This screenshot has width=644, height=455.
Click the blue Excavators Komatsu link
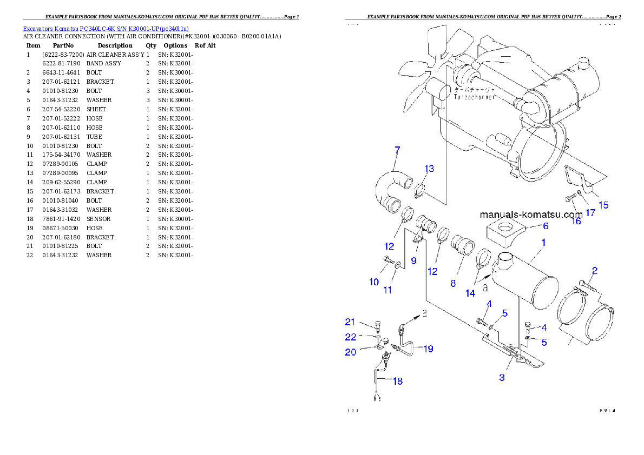click(106, 29)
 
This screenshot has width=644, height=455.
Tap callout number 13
click(429, 169)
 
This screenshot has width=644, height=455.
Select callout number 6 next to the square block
click(546, 226)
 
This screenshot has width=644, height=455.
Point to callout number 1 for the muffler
click(543, 243)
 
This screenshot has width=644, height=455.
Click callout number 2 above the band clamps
click(594, 270)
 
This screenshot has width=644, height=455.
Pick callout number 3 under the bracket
click(502, 377)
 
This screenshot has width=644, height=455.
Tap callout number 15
click(603, 205)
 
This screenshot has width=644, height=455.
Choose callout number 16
click(576, 220)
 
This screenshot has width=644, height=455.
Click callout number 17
click(590, 213)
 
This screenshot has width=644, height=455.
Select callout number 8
click(453, 283)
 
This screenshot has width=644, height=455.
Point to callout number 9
click(413, 260)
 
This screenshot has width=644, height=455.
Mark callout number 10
click(374, 282)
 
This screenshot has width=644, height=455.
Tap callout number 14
click(470, 293)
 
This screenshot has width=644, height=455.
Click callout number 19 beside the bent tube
click(428, 349)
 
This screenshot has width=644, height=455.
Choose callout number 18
click(398, 381)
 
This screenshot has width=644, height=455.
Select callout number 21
click(350, 322)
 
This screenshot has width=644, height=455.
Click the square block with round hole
click(507, 230)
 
